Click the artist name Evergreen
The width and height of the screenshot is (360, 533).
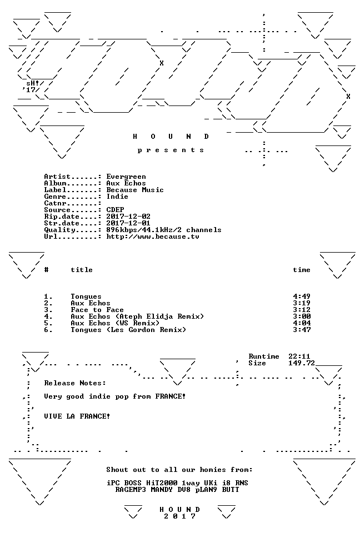click(126, 177)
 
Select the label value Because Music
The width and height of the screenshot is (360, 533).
click(135, 190)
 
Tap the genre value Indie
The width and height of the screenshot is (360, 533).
click(117, 197)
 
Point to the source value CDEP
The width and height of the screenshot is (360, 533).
click(115, 210)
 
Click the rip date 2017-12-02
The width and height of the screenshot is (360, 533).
click(128, 217)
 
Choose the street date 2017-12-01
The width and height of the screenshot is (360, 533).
click(128, 223)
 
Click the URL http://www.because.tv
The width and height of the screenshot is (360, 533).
click(153, 237)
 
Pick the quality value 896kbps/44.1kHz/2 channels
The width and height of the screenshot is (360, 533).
click(164, 230)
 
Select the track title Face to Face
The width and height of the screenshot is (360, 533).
click(97, 310)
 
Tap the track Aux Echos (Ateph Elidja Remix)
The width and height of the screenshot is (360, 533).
click(137, 316)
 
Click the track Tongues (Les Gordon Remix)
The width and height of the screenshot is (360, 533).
click(128, 330)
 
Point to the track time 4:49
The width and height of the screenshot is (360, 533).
click(302, 296)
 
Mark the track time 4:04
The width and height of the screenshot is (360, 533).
click(302, 323)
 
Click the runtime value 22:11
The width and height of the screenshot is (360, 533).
click(299, 356)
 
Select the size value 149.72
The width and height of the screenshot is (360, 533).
click(302, 363)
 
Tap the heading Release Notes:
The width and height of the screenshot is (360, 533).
click(75, 383)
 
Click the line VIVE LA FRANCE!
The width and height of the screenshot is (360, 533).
click(77, 416)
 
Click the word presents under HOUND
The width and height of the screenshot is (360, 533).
click(171, 150)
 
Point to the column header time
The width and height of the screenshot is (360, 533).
click(302, 270)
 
